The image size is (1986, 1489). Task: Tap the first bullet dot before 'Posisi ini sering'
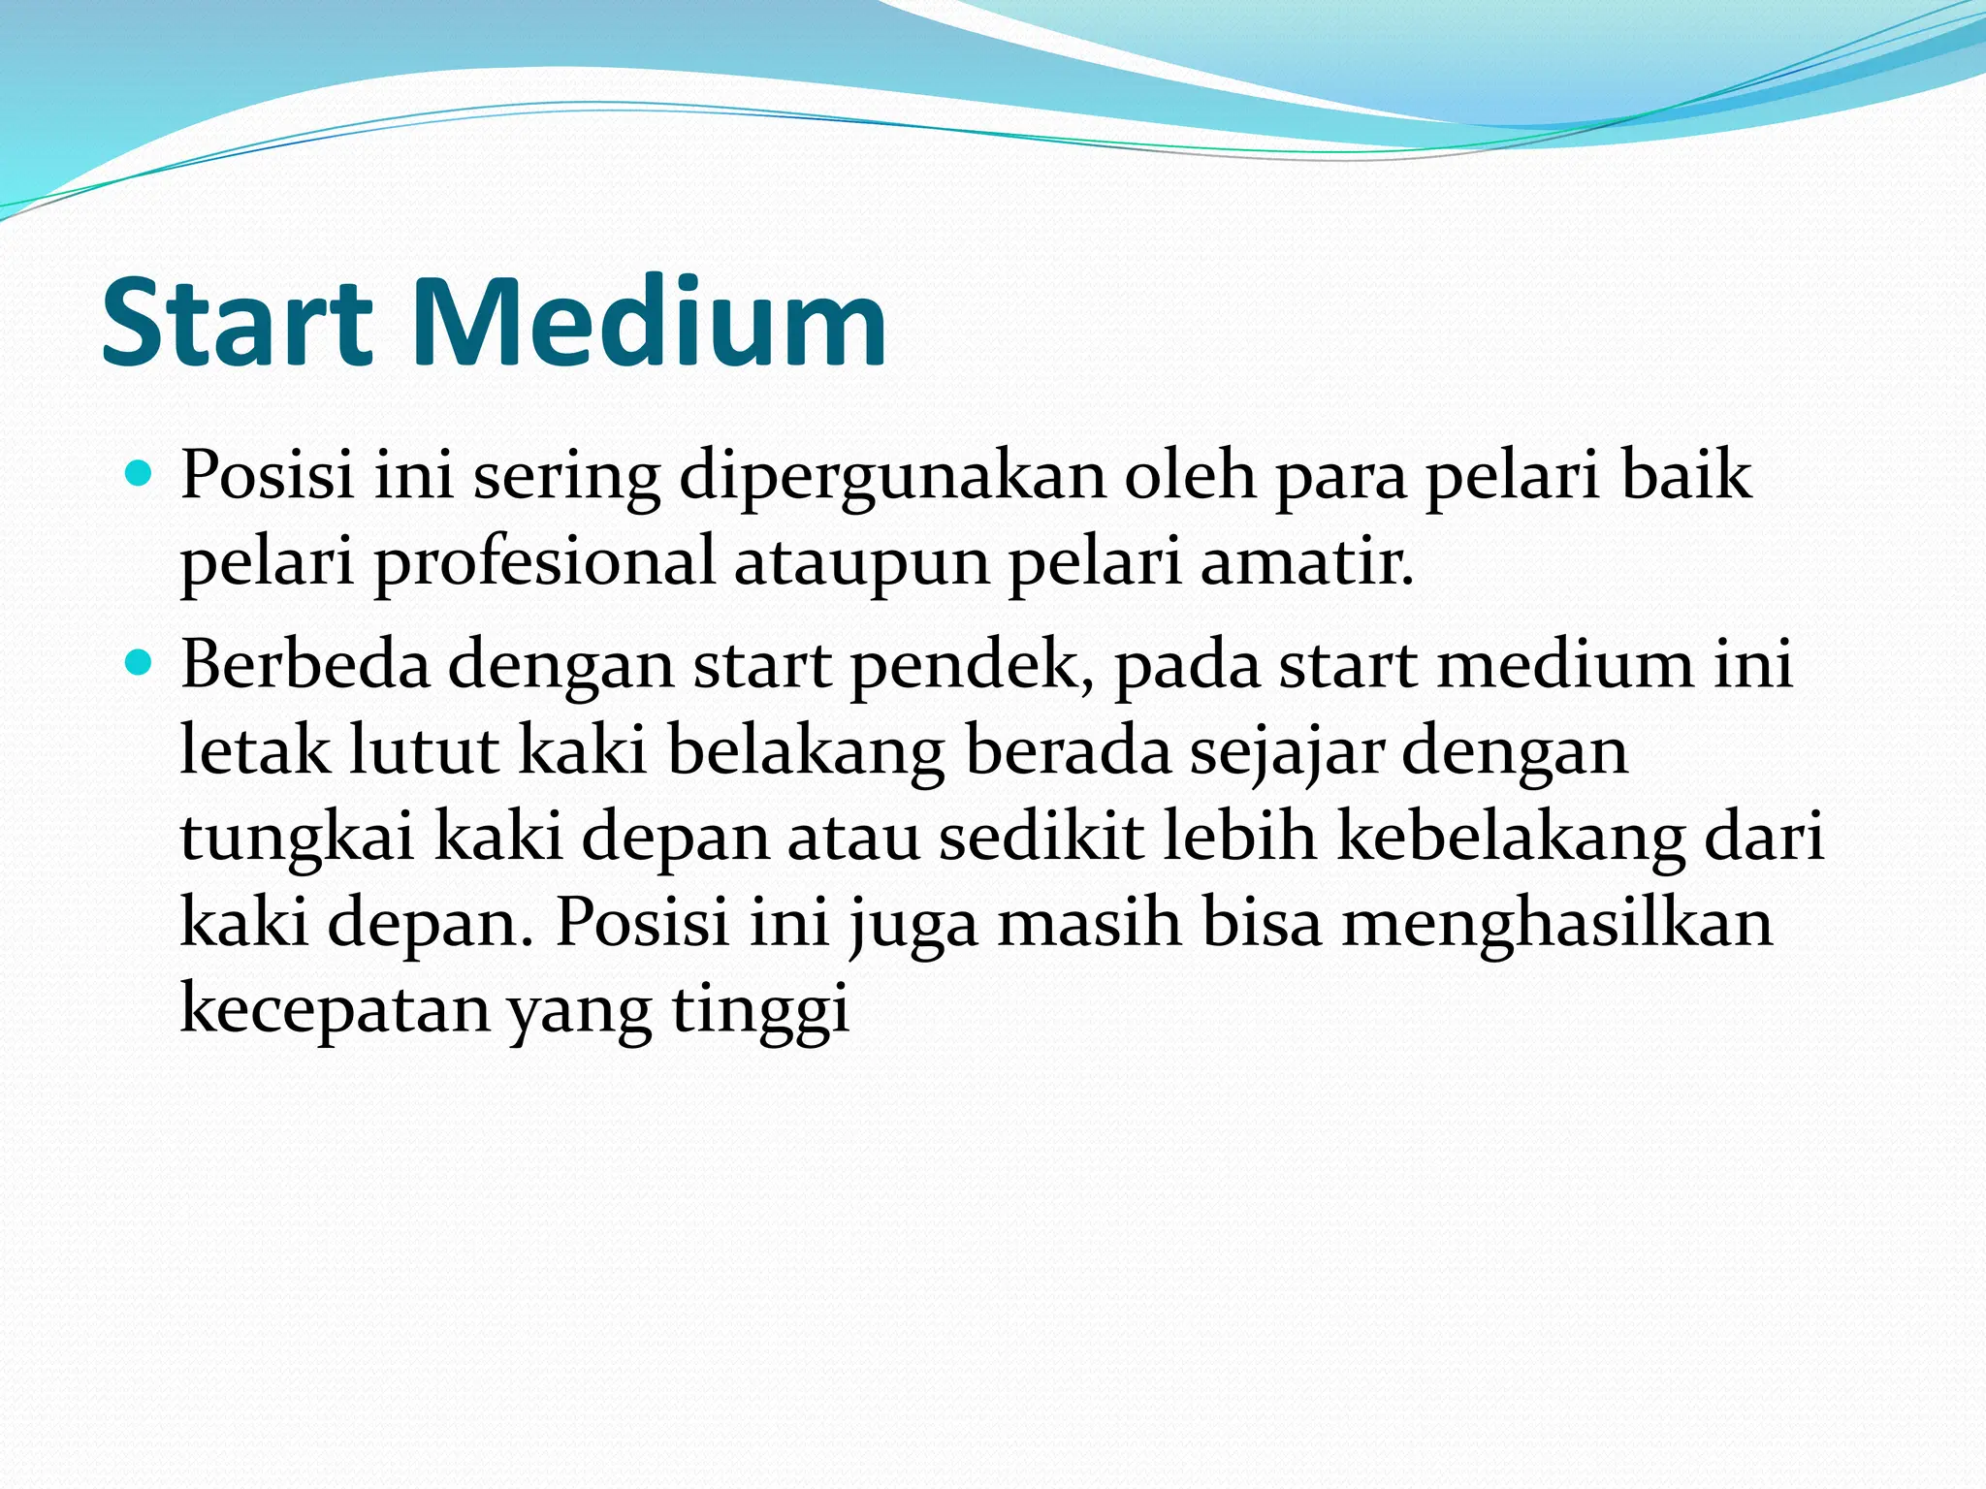[141, 475]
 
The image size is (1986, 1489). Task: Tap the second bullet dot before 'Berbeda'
[141, 664]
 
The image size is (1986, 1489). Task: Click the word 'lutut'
[424, 750]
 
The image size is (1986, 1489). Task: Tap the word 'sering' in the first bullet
[566, 479]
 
